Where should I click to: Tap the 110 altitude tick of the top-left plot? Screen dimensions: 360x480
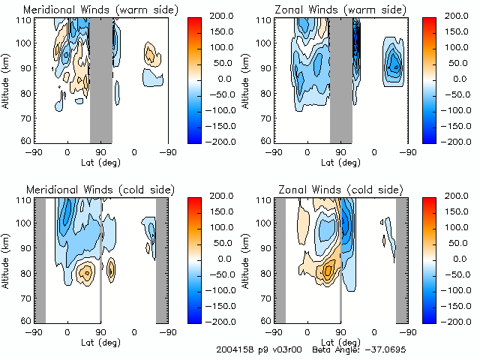[24, 19]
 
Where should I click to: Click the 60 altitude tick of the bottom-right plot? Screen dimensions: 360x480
[266, 321]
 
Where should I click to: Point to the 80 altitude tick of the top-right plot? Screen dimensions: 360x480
[266, 92]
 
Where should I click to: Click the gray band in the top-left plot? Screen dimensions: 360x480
[101, 79]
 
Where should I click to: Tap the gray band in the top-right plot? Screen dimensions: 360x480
[340, 79]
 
